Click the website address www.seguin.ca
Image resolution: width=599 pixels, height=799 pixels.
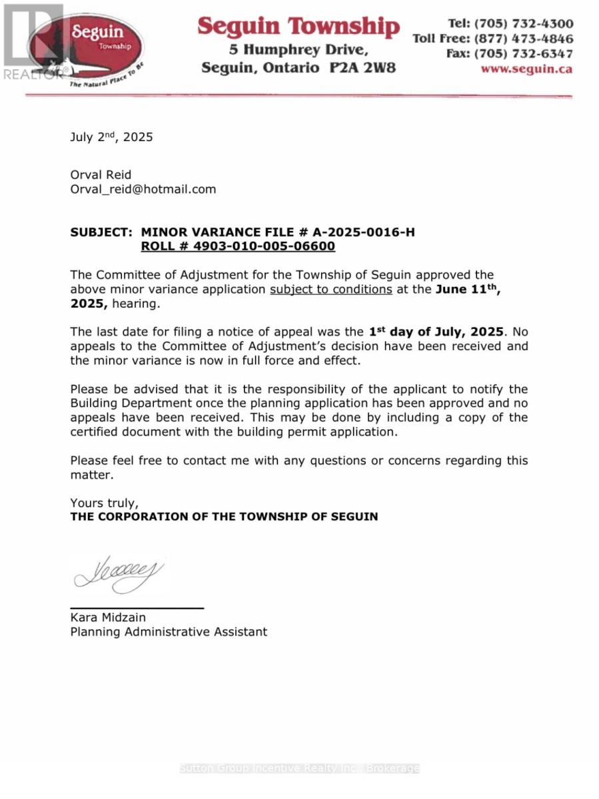click(x=526, y=69)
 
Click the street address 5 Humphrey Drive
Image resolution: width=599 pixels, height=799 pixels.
click(x=298, y=49)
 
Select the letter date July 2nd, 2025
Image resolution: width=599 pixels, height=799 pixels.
click(x=111, y=137)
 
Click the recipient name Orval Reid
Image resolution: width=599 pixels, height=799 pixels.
click(x=101, y=174)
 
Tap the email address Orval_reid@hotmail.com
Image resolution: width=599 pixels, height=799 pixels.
click(x=143, y=189)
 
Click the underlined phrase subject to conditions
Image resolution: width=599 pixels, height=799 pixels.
click(x=330, y=289)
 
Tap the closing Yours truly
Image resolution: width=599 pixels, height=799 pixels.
click(x=104, y=502)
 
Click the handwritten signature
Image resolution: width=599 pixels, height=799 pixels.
click(x=119, y=574)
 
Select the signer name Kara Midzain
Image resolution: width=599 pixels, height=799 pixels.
click(x=108, y=617)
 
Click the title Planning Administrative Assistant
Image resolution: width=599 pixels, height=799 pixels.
click(x=169, y=631)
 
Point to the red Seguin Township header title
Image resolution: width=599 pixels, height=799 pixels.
click(x=298, y=27)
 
